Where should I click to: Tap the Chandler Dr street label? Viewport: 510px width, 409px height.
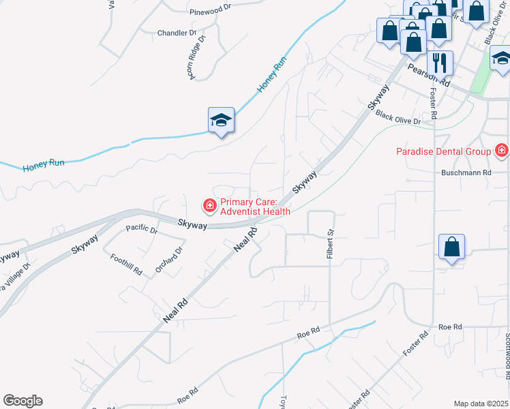pyautogui.click(x=177, y=33)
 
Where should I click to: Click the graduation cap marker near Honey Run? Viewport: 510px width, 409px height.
pyautogui.click(x=221, y=121)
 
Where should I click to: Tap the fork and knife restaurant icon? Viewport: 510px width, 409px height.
pyautogui.click(x=440, y=63)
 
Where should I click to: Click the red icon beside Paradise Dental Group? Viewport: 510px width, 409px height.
pyautogui.click(x=502, y=149)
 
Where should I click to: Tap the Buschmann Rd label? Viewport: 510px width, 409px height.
pyautogui.click(x=466, y=173)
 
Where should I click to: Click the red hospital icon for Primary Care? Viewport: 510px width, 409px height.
pyautogui.click(x=209, y=204)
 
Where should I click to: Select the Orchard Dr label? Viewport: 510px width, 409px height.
pyautogui.click(x=169, y=260)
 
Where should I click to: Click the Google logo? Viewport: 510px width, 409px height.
pyautogui.click(x=22, y=401)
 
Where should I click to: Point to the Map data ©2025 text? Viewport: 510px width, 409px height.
pyautogui.click(x=481, y=404)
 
